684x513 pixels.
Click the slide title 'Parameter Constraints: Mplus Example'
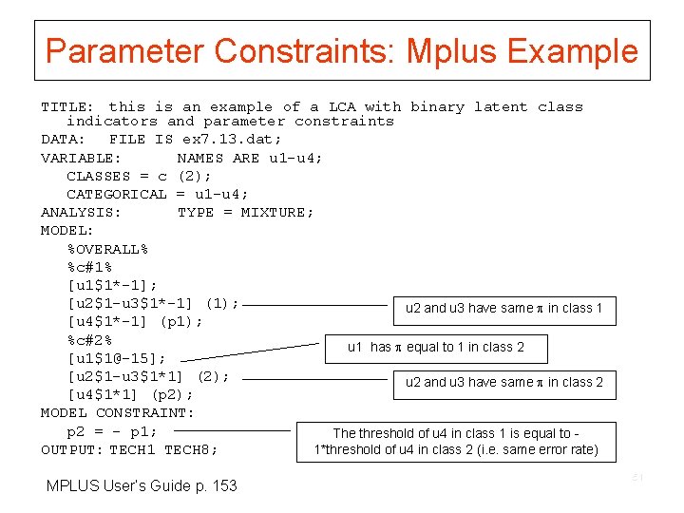point(342,50)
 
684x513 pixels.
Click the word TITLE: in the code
point(66,107)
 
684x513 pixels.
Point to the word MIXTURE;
point(276,212)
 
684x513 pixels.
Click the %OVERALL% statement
point(107,249)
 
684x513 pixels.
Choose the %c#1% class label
point(89,267)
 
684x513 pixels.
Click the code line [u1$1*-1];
point(112,285)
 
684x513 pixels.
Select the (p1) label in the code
point(180,321)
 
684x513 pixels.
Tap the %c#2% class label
point(89,339)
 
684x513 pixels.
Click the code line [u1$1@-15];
point(117,358)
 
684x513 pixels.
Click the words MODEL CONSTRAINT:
point(117,412)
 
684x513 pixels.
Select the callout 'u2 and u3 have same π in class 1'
point(503,309)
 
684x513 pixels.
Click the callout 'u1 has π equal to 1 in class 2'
point(436,348)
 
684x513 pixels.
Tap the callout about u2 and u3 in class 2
point(503,383)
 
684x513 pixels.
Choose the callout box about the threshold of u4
point(456,442)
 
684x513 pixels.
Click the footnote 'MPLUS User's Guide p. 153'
point(142,486)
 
